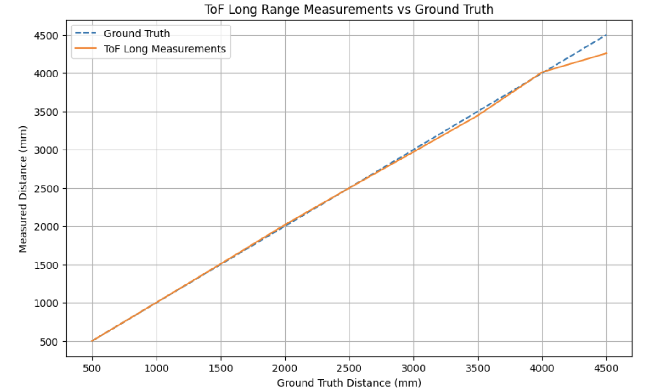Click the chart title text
(349, 9)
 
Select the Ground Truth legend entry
(137, 34)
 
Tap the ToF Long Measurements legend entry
(165, 49)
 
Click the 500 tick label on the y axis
(50, 341)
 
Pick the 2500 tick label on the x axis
(349, 368)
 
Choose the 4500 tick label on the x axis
(606, 368)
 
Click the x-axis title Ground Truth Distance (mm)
(349, 383)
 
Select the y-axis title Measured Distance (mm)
(23, 188)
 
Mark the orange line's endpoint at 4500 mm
(606, 53)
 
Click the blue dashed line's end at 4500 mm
(606, 35)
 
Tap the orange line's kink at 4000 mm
(542, 72)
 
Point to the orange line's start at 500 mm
(92, 341)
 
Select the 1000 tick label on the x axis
(157, 368)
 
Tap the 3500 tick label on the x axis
(478, 368)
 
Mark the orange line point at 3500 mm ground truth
(478, 115)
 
